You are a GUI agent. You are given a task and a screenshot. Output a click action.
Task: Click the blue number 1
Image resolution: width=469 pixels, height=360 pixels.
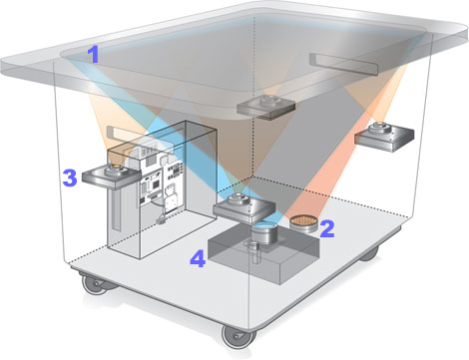click(x=94, y=55)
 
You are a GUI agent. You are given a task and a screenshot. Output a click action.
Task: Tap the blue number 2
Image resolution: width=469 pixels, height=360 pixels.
click(x=327, y=228)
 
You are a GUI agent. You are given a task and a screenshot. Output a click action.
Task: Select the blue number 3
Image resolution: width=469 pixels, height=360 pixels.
click(x=70, y=178)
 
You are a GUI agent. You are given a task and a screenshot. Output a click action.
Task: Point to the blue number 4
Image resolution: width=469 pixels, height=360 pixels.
click(x=198, y=258)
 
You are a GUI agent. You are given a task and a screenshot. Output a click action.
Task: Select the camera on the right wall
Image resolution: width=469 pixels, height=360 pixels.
click(x=384, y=136)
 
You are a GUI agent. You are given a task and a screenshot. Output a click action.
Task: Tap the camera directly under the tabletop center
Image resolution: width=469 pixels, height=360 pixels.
click(x=266, y=107)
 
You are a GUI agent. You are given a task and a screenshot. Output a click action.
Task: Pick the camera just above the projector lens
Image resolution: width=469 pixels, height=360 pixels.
click(x=244, y=208)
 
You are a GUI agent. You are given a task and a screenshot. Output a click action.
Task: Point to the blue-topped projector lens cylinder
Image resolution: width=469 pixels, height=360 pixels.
click(x=264, y=233)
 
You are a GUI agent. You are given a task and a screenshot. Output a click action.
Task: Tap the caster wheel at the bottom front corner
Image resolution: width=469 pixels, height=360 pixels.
click(x=238, y=336)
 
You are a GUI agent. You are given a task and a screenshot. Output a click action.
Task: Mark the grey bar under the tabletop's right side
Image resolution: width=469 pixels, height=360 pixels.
click(x=345, y=63)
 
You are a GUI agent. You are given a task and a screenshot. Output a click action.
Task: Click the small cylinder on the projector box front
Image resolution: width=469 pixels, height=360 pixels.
click(x=254, y=252)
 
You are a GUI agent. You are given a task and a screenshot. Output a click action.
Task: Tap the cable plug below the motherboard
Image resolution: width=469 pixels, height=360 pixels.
click(x=161, y=219)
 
